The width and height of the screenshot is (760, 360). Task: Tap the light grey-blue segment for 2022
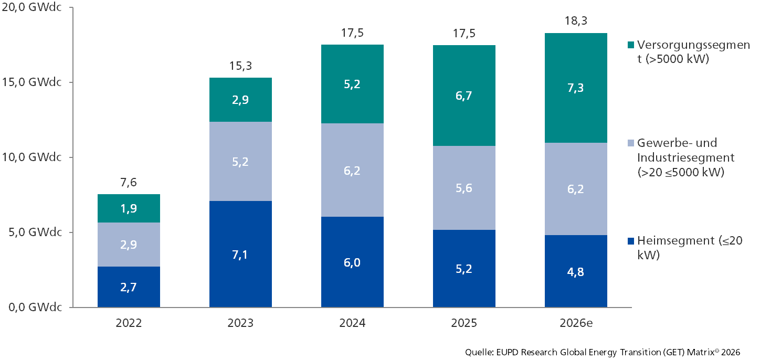coord(129,245)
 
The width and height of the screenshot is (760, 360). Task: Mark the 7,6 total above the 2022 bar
coord(129,183)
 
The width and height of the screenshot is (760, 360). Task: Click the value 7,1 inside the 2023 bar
coord(240,255)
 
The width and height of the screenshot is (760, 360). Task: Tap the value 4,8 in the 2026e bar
coord(576,272)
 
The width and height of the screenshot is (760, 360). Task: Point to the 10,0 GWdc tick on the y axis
coord(33,157)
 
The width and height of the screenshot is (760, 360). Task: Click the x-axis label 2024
coord(352,323)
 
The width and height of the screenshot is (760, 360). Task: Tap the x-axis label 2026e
coord(576,323)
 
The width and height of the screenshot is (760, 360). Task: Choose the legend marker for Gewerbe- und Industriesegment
coord(631,143)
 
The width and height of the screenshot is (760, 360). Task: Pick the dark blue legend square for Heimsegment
coord(631,241)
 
